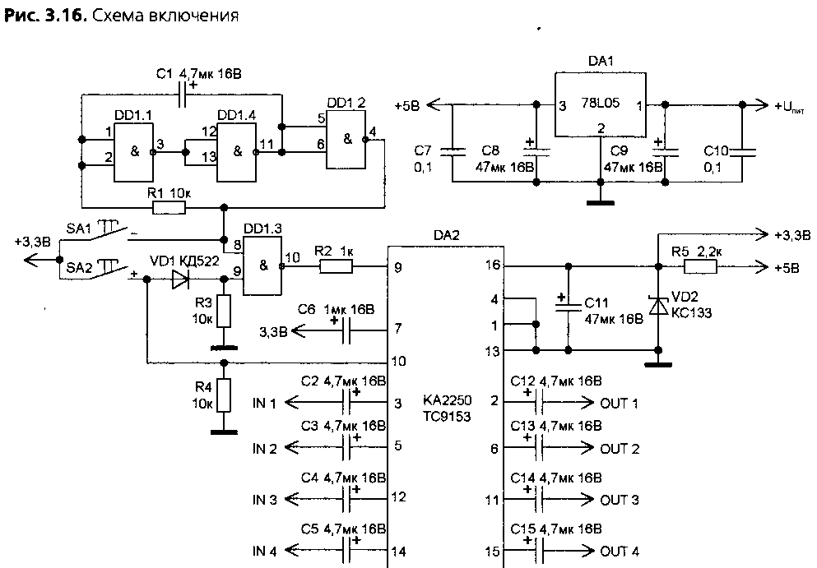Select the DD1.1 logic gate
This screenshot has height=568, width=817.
pyautogui.click(x=134, y=151)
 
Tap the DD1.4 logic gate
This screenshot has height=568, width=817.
pyautogui.click(x=237, y=151)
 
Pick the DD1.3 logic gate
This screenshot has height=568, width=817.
pyautogui.click(x=262, y=266)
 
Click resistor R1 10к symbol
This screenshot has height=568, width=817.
pyautogui.click(x=169, y=208)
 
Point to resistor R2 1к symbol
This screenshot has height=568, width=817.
pyautogui.click(x=336, y=267)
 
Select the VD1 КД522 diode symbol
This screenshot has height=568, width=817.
pyautogui.click(x=180, y=280)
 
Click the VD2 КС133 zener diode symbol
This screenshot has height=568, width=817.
pyautogui.click(x=658, y=306)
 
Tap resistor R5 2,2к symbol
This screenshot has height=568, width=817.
pyautogui.click(x=700, y=267)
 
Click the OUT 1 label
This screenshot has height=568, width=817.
pyautogui.click(x=619, y=403)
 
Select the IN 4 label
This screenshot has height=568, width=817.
pyautogui.click(x=265, y=551)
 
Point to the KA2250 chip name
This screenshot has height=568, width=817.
pyautogui.click(x=447, y=400)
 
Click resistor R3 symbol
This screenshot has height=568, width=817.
pyautogui.click(x=224, y=311)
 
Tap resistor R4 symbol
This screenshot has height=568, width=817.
pyautogui.click(x=224, y=395)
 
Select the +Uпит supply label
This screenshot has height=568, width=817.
pyautogui.click(x=789, y=107)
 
